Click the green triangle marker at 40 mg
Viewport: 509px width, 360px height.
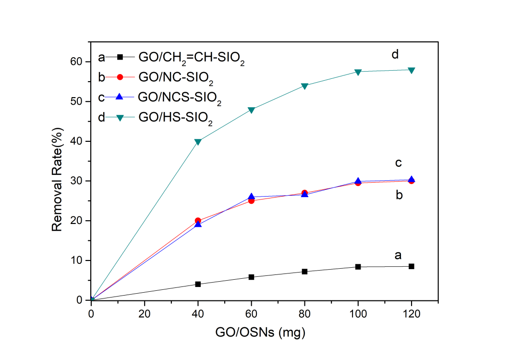198,142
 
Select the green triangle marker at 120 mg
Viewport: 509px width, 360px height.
412,70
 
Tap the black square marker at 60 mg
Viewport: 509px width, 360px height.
251,277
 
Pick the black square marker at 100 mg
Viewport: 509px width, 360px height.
358,267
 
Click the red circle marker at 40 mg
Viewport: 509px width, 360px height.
198,221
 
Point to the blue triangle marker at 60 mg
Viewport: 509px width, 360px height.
251,197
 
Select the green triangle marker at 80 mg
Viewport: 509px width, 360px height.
304,86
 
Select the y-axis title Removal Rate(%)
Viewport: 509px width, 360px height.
58,181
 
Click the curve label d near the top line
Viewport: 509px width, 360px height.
395,54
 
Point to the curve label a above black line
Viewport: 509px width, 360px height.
398,255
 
